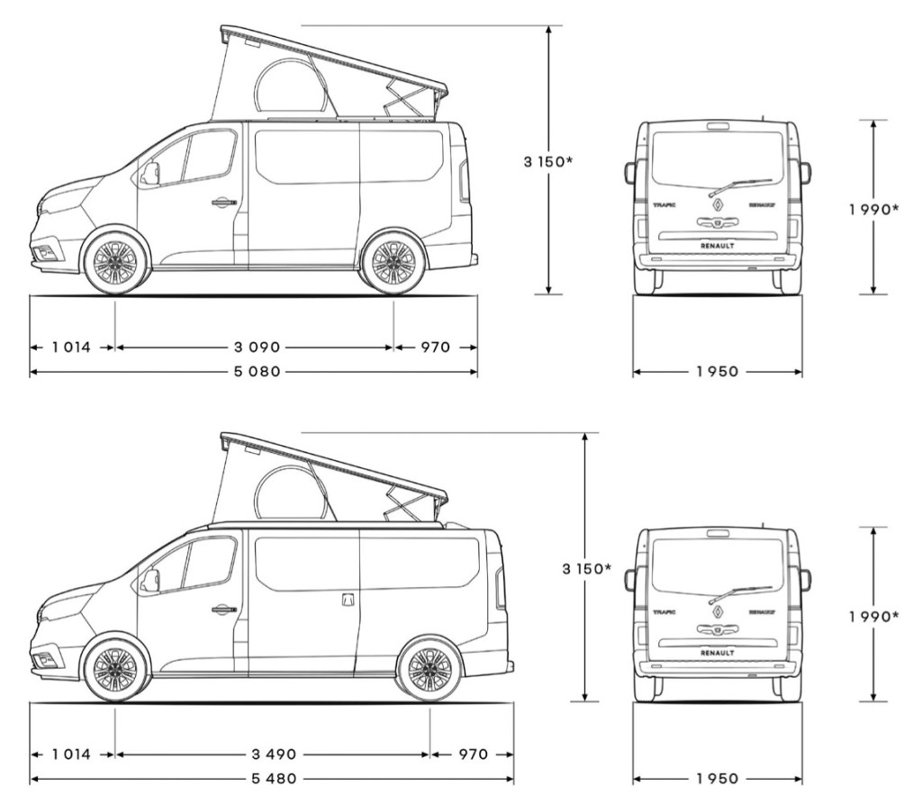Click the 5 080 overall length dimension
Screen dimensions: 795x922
253,371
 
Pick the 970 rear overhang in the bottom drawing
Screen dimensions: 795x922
471,754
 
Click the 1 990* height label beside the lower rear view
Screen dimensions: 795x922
873,617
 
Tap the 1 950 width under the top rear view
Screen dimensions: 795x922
717,371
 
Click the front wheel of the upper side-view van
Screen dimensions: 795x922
115,263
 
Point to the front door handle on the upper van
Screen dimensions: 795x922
221,203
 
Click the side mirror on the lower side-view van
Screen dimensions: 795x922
149,581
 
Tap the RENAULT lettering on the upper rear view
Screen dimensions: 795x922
717,245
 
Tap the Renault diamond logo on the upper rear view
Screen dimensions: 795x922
718,206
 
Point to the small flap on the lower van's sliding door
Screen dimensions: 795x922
348,599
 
